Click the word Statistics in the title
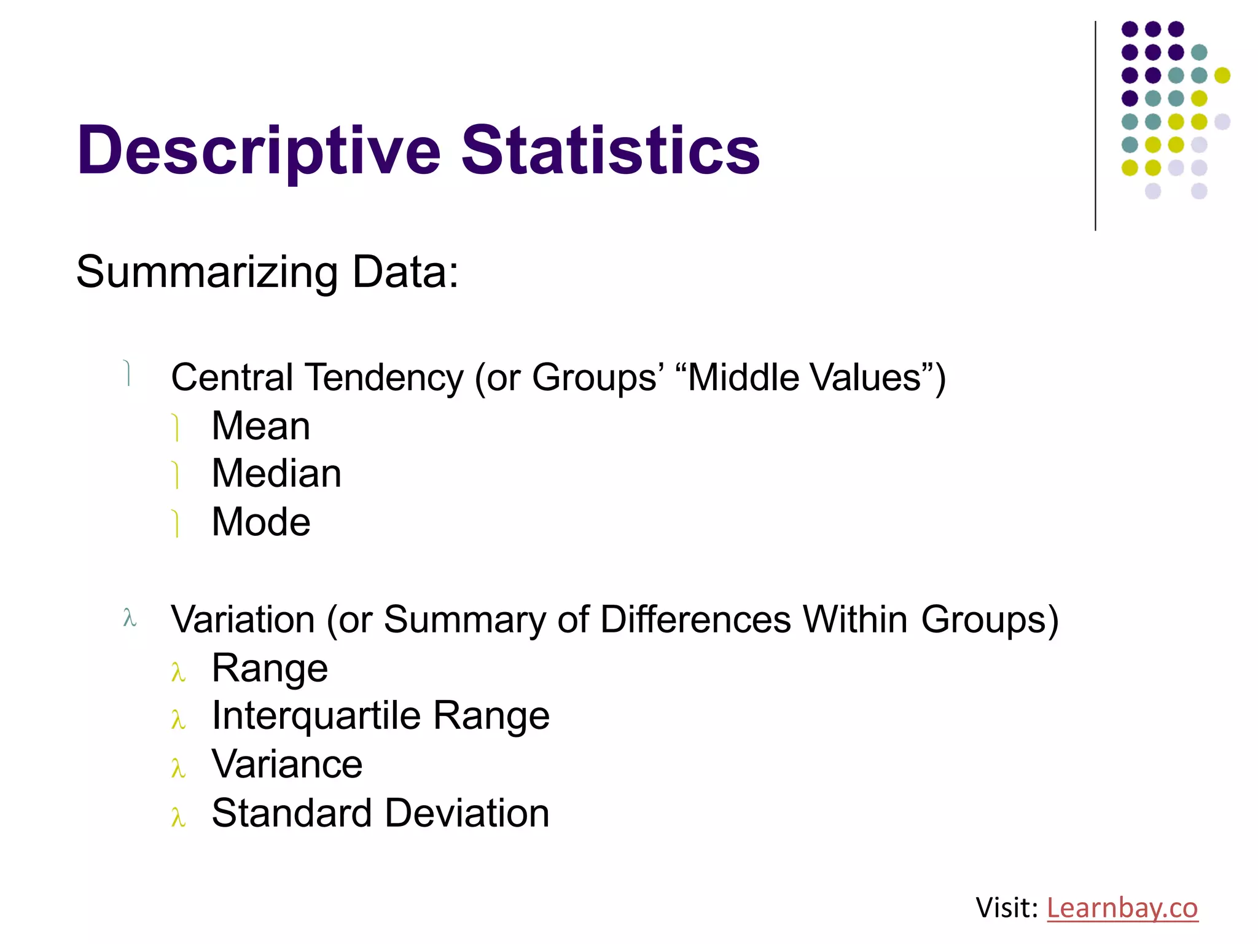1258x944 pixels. click(x=611, y=150)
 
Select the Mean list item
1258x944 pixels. click(x=260, y=426)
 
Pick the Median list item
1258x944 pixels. click(x=276, y=474)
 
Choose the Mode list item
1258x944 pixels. click(x=260, y=522)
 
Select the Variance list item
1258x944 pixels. click(x=287, y=765)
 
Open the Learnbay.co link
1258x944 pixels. click(x=1122, y=908)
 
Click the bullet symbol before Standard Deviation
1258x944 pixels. click(x=178, y=817)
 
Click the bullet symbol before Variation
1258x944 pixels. click(x=129, y=618)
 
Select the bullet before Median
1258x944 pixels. click(x=176, y=475)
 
